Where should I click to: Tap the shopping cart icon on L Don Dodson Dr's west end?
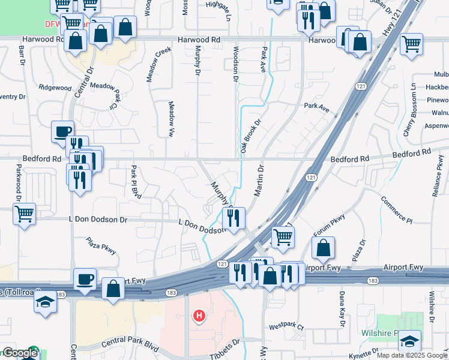pos(24,214)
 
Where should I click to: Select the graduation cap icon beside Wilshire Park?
pos(410,341)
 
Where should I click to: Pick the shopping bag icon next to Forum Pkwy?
pos(323,247)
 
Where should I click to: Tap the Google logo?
pos(19,353)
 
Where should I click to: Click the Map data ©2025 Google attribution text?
pos(411,355)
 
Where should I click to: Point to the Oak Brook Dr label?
pos(244,138)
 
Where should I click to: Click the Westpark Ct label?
pos(286,328)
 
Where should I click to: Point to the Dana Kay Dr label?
pos(342,308)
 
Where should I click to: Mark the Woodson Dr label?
pos(235,64)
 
